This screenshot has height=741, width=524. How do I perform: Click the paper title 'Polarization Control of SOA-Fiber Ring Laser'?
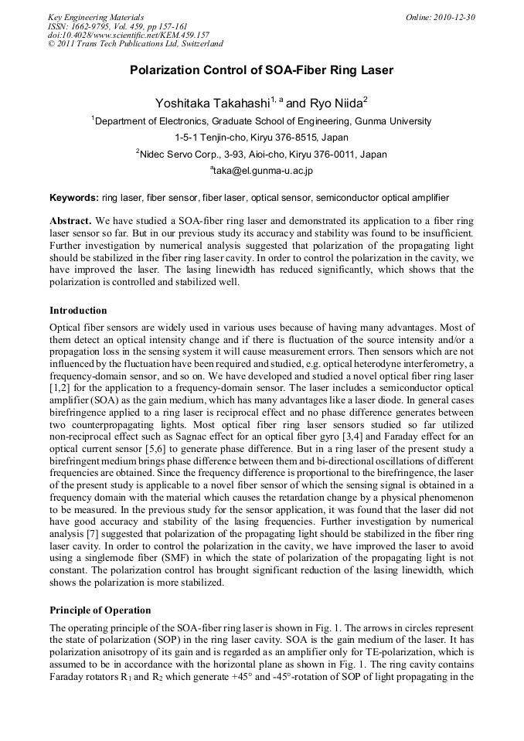[x=261, y=70]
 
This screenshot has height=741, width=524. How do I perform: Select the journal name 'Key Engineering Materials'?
[x=96, y=17]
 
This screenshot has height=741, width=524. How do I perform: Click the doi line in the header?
[x=128, y=35]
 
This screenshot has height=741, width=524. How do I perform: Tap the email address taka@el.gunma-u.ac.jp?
[x=261, y=170]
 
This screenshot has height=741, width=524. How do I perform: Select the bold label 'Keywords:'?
[x=74, y=198]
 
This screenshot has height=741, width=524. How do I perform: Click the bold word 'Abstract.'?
[x=71, y=220]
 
